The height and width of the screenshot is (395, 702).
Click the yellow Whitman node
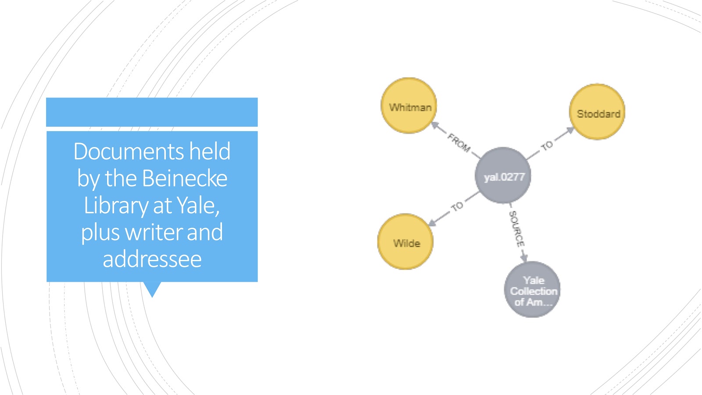(408, 106)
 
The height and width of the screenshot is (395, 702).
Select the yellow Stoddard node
(597, 112)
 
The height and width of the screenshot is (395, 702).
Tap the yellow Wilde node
(405, 242)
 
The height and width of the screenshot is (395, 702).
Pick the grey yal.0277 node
(503, 175)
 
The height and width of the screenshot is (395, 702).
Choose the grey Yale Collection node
(533, 289)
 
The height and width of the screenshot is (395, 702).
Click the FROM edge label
(459, 143)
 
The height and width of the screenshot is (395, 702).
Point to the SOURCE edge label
(516, 229)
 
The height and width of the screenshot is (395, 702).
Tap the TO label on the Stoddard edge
(547, 145)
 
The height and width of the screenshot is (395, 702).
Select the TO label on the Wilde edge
(457, 207)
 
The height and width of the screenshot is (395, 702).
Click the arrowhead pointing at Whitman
(435, 126)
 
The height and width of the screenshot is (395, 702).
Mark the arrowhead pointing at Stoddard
(570, 130)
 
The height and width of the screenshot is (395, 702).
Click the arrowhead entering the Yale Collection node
(524, 258)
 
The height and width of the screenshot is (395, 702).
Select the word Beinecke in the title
(185, 178)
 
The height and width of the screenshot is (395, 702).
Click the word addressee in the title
(152, 259)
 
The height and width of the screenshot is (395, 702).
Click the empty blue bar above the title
(152, 112)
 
